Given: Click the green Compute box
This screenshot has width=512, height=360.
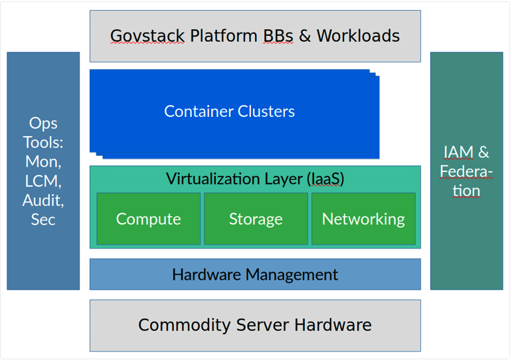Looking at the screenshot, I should tap(148, 219).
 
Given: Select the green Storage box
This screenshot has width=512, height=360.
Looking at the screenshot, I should tap(256, 219).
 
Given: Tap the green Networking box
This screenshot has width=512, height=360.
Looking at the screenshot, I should tap(363, 219).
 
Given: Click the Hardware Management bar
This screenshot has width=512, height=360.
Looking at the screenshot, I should tap(255, 274).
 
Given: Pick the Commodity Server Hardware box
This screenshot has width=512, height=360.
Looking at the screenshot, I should tap(255, 325).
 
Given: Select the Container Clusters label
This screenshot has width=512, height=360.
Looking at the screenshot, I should tap(229, 111).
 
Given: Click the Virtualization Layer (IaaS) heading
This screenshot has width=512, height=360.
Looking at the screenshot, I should tap(255, 179).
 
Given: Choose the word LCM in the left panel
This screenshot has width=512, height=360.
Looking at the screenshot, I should tap(43, 180).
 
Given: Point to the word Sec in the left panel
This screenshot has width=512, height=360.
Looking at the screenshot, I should tap(43, 219).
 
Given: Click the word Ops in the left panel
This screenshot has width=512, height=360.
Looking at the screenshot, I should tap(43, 123).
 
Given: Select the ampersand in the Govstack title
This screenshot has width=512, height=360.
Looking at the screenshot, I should tap(305, 36).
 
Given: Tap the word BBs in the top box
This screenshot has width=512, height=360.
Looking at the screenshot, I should tap(276, 36).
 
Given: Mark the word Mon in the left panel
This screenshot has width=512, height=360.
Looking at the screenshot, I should tap(43, 161).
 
